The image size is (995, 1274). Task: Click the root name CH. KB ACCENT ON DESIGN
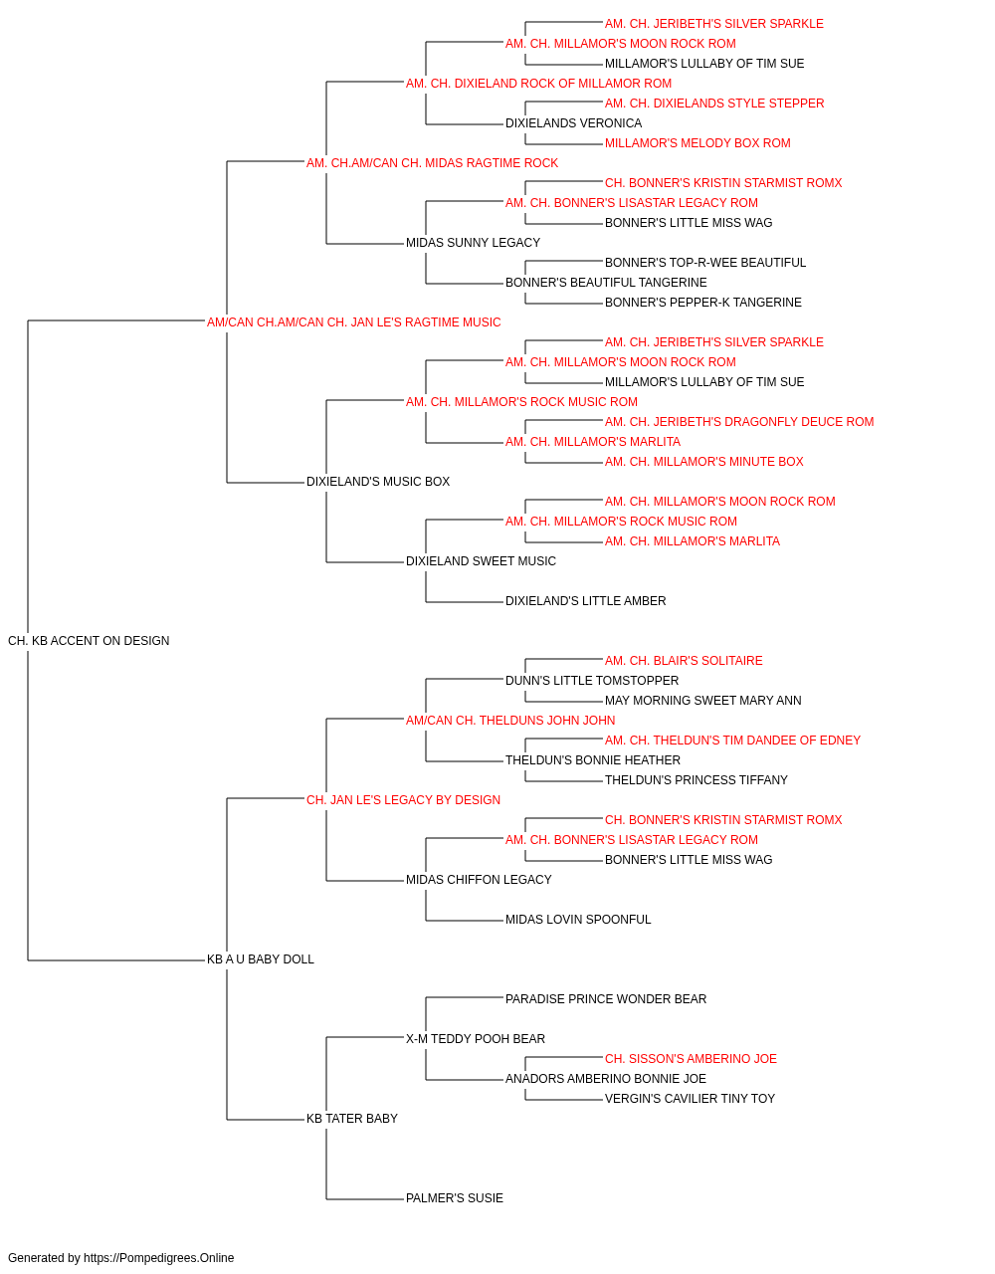(x=89, y=641)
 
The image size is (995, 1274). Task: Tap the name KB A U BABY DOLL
(x=260, y=959)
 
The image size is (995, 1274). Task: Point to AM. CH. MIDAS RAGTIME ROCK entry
(x=433, y=163)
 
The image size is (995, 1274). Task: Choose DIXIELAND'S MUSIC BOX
(x=378, y=482)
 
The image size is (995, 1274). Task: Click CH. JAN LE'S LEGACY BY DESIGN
(x=403, y=800)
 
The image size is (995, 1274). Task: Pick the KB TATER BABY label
(x=352, y=1119)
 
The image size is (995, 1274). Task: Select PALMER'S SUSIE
(x=455, y=1198)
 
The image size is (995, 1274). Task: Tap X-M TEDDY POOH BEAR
(x=476, y=1039)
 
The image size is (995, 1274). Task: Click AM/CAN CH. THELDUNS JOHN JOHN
(x=510, y=721)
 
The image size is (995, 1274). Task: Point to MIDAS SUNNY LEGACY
(x=474, y=243)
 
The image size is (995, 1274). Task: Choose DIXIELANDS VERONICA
(x=574, y=123)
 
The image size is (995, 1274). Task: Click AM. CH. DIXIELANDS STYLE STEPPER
(x=714, y=104)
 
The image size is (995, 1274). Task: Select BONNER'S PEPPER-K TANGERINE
(x=703, y=303)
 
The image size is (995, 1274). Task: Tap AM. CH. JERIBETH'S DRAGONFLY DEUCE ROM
(x=739, y=422)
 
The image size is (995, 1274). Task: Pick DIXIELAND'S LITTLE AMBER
(x=586, y=601)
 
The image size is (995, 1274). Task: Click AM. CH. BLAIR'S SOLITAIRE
(x=684, y=661)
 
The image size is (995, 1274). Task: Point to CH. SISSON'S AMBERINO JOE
(x=691, y=1059)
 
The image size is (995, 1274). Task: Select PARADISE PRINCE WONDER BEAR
(x=606, y=999)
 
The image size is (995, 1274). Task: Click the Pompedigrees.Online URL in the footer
(x=159, y=1258)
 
